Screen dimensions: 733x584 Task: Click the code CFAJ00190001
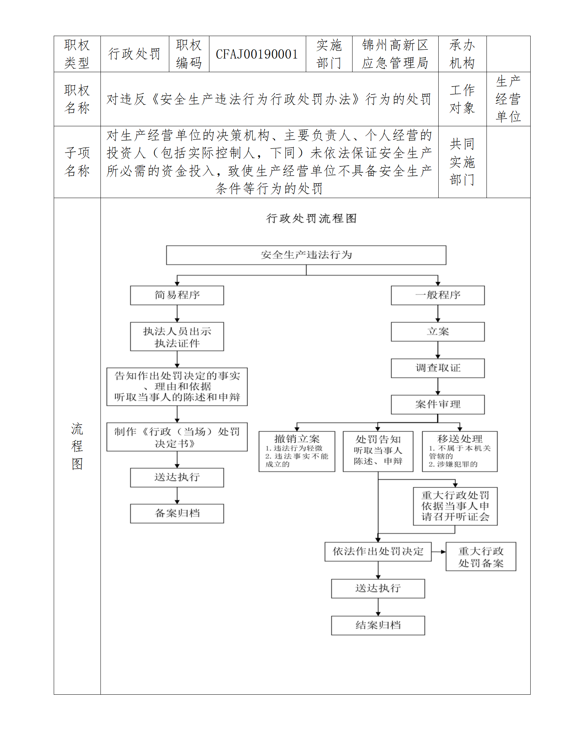click(x=257, y=54)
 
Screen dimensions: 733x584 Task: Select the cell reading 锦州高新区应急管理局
click(x=395, y=54)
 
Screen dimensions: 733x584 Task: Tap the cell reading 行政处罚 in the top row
click(x=134, y=54)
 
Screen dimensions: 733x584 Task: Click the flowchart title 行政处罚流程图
click(x=311, y=218)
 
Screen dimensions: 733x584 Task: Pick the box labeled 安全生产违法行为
click(x=306, y=255)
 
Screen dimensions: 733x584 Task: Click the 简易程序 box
click(x=177, y=295)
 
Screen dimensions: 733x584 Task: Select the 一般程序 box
click(x=438, y=295)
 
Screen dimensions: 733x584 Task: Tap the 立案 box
click(x=438, y=332)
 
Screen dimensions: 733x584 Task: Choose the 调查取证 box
click(x=438, y=368)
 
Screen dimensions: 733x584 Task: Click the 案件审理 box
click(x=438, y=405)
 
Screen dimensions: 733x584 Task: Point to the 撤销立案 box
click(x=297, y=451)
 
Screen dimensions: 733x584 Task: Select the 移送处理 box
click(x=460, y=451)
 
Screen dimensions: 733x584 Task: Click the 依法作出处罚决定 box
click(x=378, y=551)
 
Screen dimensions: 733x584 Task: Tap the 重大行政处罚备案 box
click(x=481, y=557)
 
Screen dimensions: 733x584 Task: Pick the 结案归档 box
click(x=378, y=625)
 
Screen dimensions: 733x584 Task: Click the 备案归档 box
click(x=177, y=514)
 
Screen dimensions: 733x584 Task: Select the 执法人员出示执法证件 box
click(x=177, y=337)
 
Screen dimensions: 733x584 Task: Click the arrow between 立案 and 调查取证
click(x=438, y=350)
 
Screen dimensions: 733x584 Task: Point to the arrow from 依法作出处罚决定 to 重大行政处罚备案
click(x=439, y=551)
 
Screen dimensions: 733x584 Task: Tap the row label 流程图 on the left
click(x=77, y=446)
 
